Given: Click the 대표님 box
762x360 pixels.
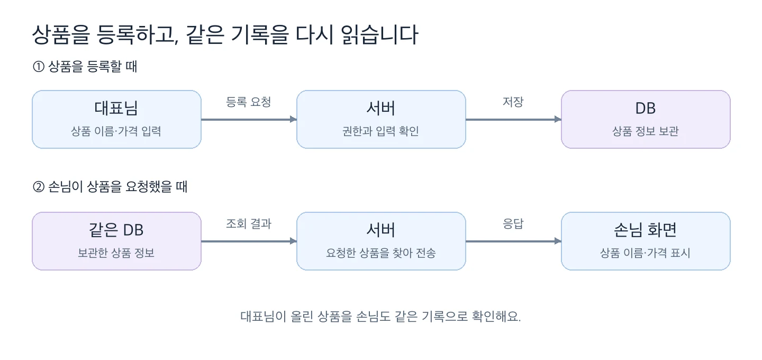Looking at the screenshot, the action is tap(116, 119).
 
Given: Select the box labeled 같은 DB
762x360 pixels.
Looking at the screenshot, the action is tap(116, 241).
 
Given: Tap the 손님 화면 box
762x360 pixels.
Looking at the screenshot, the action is tap(646, 241).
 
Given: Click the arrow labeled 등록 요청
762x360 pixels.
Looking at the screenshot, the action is tap(249, 119).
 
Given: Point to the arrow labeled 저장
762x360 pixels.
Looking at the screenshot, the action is tap(513, 119).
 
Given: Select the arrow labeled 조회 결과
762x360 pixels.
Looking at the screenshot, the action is tap(249, 241).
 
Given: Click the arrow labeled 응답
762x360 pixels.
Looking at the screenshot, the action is tap(513, 241).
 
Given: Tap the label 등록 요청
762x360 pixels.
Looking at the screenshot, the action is tap(248, 102).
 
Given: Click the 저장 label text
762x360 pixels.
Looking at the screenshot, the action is tap(513, 102).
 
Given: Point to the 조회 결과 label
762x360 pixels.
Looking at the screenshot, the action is tap(248, 223).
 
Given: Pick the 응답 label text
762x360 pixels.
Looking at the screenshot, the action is tap(513, 223).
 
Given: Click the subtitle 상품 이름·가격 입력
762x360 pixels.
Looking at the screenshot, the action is tap(116, 131).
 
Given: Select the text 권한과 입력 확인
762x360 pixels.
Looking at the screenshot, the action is tap(380, 131).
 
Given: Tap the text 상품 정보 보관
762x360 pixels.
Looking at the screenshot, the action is tap(646, 131).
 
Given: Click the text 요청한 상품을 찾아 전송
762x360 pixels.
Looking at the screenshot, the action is tap(380, 253).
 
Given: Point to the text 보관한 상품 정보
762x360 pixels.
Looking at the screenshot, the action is tap(116, 253).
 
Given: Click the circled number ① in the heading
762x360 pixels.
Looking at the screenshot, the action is tap(39, 66).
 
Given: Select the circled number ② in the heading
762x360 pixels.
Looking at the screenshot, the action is tap(39, 187).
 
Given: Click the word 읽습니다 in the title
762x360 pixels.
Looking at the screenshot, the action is tap(379, 34).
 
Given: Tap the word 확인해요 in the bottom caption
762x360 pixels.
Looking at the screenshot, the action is tap(496, 317).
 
